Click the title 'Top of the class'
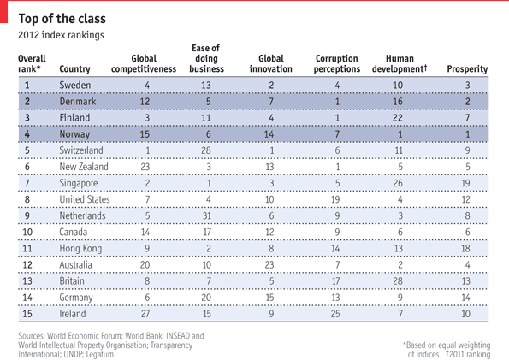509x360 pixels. pos(62,19)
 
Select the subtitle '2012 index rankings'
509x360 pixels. pos(61,35)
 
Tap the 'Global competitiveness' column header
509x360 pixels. pos(144,63)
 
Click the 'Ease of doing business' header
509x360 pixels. pos(206,58)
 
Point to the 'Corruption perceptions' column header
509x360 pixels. pos(337,63)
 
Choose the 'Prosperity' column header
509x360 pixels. pos(467,68)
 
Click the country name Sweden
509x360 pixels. pos(75,85)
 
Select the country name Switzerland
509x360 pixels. pos(81,150)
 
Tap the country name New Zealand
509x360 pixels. pos(84,167)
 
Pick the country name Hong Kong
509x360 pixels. pos(80,249)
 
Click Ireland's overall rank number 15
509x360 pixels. pos(27,314)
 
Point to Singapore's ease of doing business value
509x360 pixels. pos(209,183)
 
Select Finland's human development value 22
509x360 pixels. pos(398,117)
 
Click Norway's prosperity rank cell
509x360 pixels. pos(467,134)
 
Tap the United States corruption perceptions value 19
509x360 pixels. pos(335,199)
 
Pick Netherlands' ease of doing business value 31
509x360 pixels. pos(207,215)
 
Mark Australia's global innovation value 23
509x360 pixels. pos(269,264)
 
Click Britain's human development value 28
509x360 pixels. pos(398,280)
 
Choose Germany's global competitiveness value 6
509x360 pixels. pos(147,298)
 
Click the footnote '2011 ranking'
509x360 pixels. pos(469,354)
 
